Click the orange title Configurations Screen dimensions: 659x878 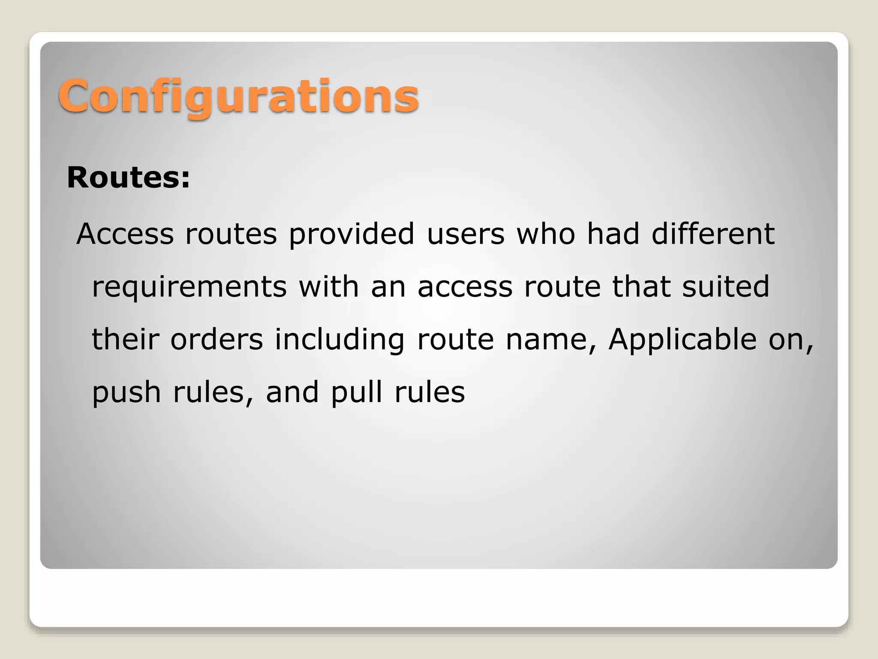tap(238, 97)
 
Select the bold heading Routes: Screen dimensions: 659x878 tap(128, 177)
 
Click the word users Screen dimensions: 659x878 tap(466, 235)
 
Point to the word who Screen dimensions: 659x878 tap(546, 235)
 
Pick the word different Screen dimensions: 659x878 tap(713, 235)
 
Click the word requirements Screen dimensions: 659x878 tap(189, 288)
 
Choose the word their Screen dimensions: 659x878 tap(125, 339)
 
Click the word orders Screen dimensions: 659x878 tap(216, 339)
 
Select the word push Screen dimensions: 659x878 tap(126, 393)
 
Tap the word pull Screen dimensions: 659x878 tap(356, 393)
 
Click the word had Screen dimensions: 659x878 tap(613, 235)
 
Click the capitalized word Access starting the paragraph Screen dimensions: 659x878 tap(125, 235)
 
